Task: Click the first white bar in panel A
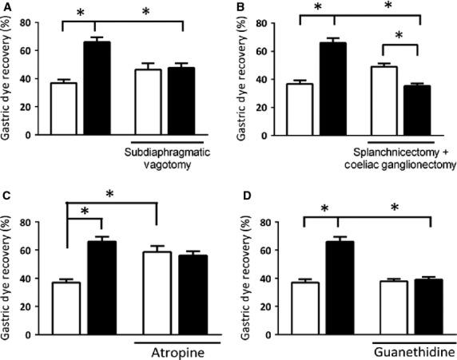coord(64,109)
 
